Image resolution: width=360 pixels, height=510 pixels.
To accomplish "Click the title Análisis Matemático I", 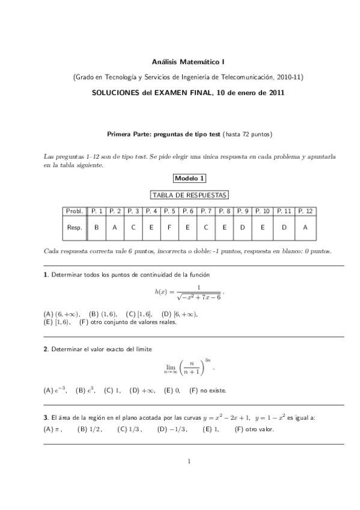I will coord(189,61).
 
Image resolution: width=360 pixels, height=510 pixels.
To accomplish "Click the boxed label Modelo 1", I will coord(189,178).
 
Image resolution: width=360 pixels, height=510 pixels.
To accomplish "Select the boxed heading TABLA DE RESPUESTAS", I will coord(189,195).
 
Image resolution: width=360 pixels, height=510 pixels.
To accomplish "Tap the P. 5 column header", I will coord(169,211).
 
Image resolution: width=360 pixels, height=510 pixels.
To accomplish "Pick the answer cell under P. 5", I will coord(169,227).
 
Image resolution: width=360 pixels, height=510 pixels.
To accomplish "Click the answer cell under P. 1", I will coord(97,227).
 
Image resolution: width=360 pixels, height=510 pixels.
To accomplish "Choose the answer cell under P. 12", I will coord(305,227).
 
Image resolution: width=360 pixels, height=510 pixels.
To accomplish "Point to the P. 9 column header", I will coord(242,211).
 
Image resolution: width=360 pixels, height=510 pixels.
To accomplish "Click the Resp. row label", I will coord(75,227).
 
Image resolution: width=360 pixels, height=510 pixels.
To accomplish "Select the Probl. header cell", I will coord(75,211).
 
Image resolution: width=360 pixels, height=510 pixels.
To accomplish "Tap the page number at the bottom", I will coord(189,462).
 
